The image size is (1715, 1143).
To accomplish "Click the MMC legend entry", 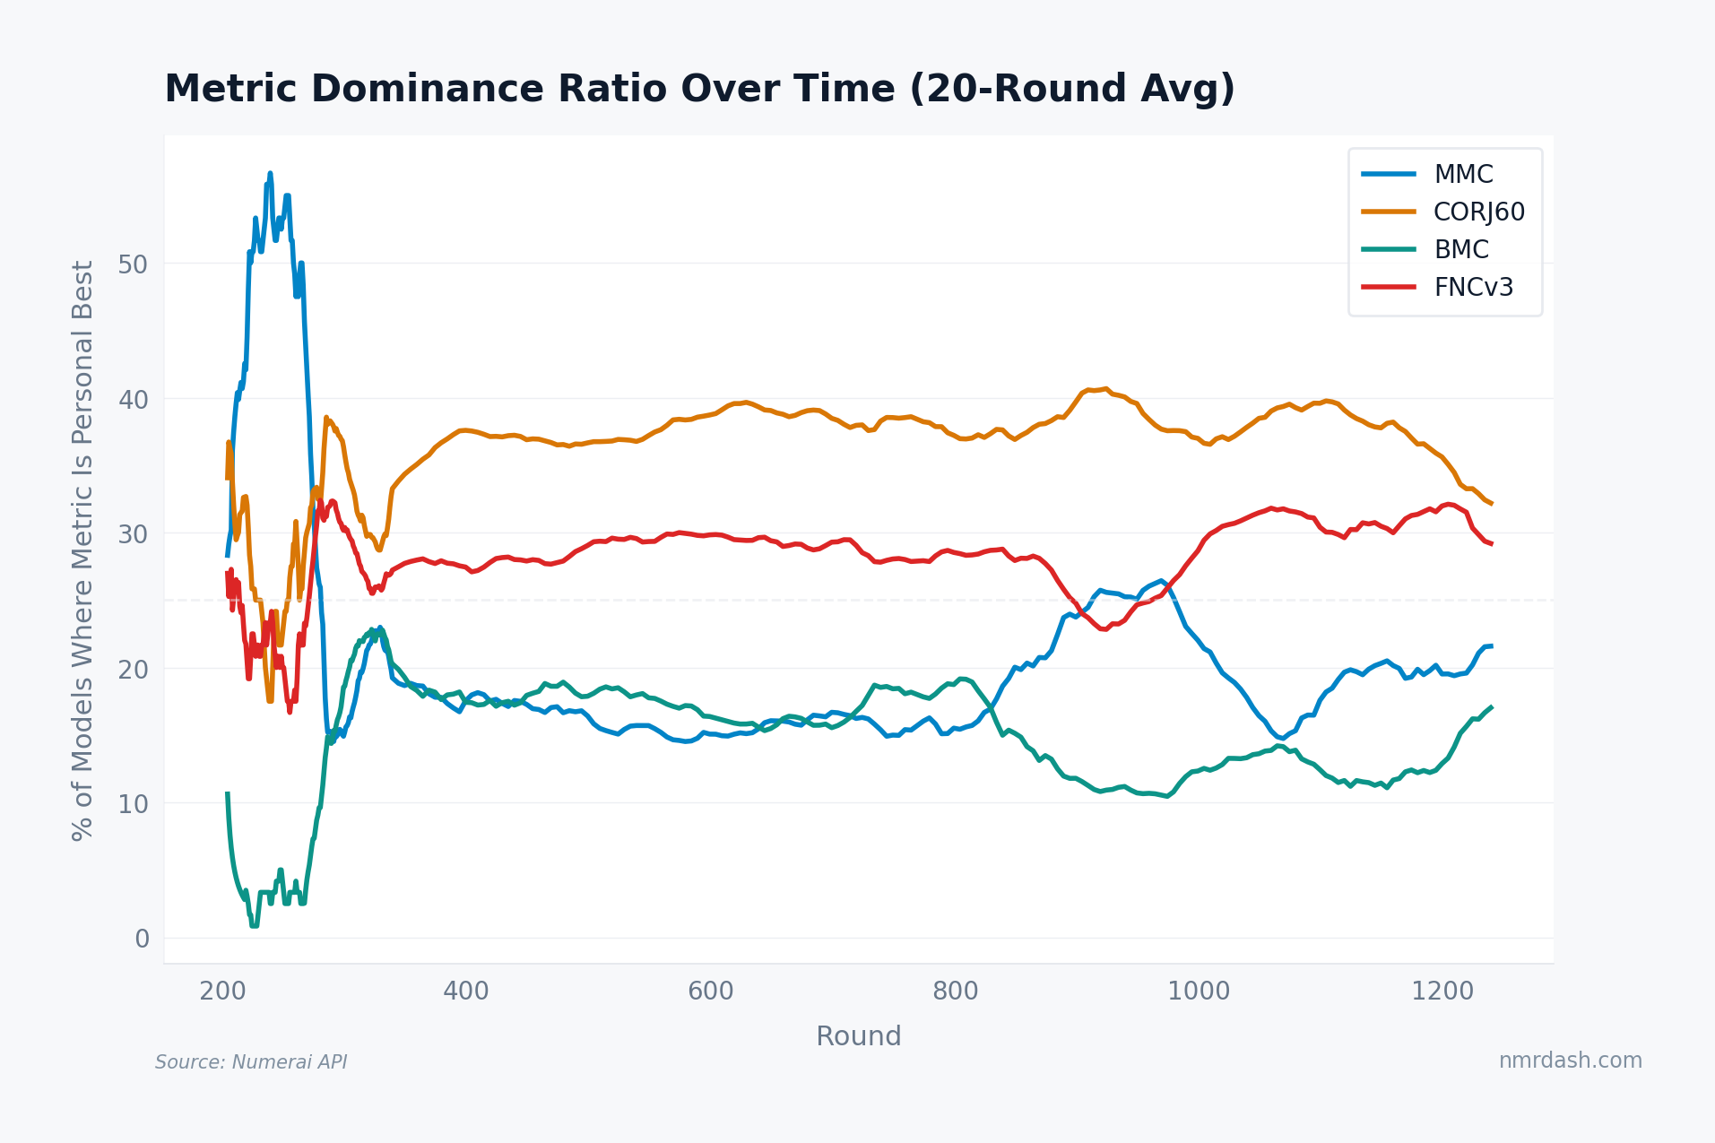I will (1463, 174).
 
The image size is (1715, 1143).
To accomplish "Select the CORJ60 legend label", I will (1478, 212).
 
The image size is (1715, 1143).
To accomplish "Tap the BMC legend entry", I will (1460, 249).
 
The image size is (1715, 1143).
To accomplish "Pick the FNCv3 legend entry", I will (1473, 287).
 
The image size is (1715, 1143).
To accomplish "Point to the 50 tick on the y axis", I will (133, 264).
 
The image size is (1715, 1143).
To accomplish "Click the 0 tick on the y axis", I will (142, 939).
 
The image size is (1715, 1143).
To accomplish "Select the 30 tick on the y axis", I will (133, 534).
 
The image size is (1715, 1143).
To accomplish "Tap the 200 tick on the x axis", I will (222, 991).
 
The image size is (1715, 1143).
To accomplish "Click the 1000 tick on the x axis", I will (1199, 991).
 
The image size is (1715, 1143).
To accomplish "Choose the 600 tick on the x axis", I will (710, 991).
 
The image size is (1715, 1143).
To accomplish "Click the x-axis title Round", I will (858, 1036).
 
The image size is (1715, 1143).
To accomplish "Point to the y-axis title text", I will (82, 550).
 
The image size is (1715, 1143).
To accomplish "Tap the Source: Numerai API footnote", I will (251, 1062).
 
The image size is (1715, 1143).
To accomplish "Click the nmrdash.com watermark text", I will (1570, 1061).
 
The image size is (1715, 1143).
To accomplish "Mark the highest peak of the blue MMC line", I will (270, 173).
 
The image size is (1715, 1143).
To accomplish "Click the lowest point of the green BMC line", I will (255, 925).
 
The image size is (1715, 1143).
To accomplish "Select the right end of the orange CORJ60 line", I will (1491, 504).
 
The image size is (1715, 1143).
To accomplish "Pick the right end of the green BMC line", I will (1491, 707).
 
